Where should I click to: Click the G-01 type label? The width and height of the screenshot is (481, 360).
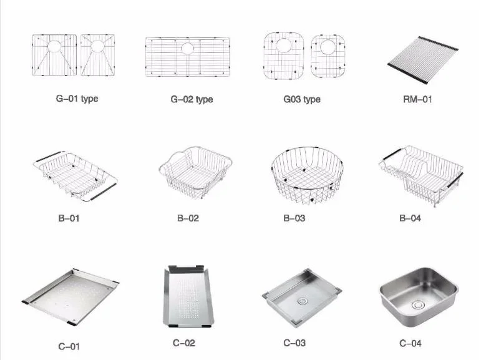[77, 99]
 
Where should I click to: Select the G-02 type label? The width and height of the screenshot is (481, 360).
[192, 99]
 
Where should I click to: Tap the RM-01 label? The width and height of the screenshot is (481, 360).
[417, 99]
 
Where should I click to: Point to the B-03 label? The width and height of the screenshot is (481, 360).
[294, 218]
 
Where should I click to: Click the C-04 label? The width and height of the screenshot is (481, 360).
[411, 343]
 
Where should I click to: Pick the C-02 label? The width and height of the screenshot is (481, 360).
[184, 343]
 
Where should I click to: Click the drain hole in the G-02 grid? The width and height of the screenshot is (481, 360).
[187, 49]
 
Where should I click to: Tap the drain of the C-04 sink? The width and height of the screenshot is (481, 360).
[417, 305]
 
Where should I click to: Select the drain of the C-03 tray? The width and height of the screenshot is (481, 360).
[303, 301]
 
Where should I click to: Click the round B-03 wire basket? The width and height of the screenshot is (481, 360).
[308, 175]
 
